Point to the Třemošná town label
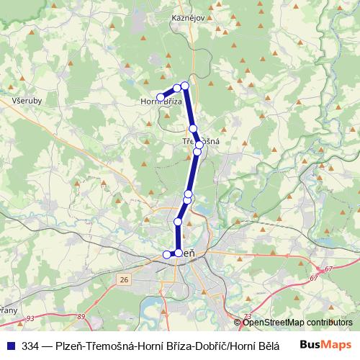(200, 141)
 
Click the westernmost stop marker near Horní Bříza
(161, 97)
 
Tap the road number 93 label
(30, 318)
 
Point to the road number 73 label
(248, 316)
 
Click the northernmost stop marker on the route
(184, 86)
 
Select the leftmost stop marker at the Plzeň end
(168, 253)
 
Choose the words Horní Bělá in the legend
(255, 344)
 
